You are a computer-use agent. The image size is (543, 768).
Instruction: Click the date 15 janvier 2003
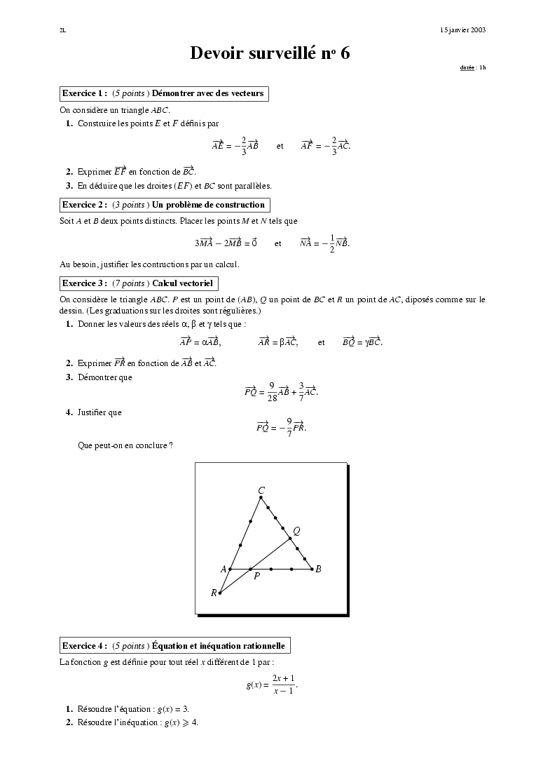462,30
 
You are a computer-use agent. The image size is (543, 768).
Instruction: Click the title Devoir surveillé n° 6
270,53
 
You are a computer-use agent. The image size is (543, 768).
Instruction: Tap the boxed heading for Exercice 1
163,93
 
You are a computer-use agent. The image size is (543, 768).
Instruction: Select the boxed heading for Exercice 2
164,205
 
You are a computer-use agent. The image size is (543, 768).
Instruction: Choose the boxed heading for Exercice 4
174,645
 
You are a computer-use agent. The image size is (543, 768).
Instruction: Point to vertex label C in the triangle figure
261,490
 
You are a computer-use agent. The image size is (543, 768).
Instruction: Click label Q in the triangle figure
296,531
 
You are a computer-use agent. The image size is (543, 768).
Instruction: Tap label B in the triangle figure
318,570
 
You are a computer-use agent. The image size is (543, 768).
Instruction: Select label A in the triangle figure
224,570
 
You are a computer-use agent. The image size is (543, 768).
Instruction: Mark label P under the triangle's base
256,577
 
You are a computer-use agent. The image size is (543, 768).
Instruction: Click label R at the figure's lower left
214,593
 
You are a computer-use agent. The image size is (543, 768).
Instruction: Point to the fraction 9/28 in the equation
273,391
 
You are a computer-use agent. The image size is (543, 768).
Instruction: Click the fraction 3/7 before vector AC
301,391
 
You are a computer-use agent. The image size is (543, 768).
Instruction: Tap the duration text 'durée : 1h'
472,67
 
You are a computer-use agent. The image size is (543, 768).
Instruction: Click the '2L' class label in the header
63,30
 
